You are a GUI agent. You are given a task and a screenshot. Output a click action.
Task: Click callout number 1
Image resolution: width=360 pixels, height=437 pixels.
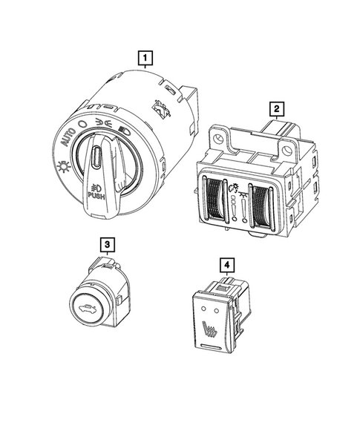[x=145, y=58]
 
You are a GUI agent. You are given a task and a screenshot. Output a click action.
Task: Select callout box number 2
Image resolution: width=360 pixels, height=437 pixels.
[x=276, y=108]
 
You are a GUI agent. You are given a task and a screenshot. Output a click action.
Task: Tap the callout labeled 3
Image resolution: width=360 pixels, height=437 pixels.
[x=108, y=245]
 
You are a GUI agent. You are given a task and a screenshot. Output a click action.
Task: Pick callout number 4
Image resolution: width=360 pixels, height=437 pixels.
[x=226, y=265]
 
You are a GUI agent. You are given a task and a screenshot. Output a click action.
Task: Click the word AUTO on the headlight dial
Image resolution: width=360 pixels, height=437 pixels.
[x=68, y=137]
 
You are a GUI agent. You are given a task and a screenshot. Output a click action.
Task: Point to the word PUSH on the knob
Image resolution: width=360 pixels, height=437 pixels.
[x=96, y=197]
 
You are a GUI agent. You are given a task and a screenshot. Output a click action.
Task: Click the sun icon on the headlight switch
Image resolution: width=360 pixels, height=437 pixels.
[x=63, y=167]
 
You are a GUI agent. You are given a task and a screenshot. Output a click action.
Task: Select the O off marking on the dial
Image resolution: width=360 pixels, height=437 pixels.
[x=83, y=124]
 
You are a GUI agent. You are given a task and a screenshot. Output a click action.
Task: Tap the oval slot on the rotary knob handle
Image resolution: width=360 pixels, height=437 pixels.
[x=96, y=157]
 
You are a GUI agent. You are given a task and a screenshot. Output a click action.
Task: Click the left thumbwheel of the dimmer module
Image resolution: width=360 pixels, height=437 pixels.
[x=215, y=199]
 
